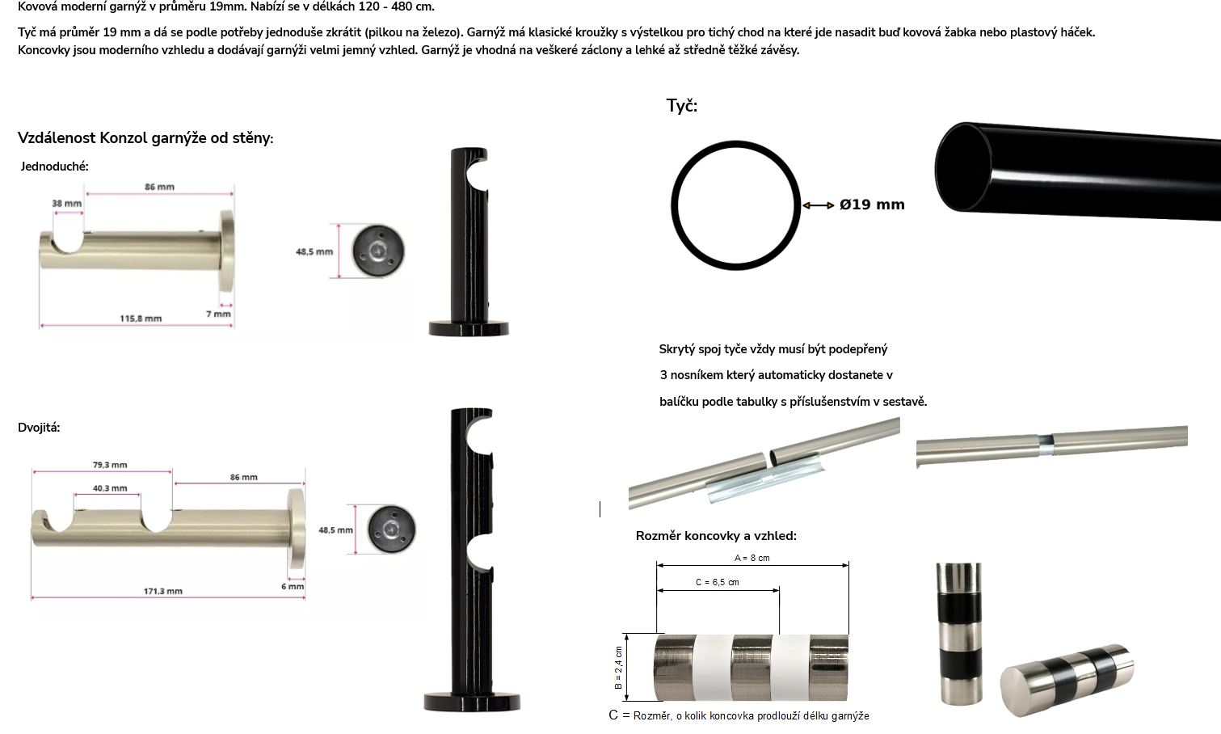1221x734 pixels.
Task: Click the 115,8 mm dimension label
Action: click(x=141, y=318)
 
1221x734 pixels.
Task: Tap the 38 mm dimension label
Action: click(x=66, y=204)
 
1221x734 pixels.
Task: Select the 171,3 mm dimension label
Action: click(x=163, y=591)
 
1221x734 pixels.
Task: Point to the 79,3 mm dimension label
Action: click(x=110, y=465)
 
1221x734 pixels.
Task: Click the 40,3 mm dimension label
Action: click(x=110, y=488)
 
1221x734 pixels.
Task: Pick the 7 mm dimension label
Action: click(x=218, y=314)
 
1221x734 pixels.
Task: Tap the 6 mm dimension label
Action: click(x=293, y=586)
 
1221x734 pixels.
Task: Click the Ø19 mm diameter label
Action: click(x=872, y=205)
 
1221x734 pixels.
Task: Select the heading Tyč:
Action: click(x=681, y=106)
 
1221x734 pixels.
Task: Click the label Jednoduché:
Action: click(x=54, y=167)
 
